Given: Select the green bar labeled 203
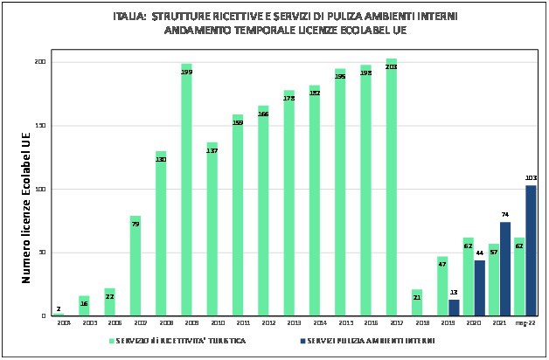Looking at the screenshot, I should (391, 187).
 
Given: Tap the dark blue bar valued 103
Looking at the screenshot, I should (531, 251).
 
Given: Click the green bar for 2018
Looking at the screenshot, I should (416, 302).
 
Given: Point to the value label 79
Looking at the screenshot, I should (136, 225).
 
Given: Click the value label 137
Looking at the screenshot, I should (212, 151).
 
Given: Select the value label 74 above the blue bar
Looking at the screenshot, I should (504, 215).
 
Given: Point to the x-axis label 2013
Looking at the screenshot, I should (288, 323).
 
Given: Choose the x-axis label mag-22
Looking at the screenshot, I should (525, 323).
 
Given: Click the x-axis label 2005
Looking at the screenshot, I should (84, 323).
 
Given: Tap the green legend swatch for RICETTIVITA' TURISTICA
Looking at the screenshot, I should (111, 340).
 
